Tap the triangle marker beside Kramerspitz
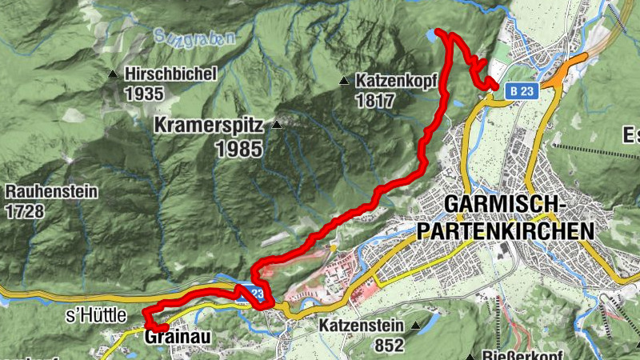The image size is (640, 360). click(x=277, y=126)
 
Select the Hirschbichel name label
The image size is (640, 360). click(x=170, y=74)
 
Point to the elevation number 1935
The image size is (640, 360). click(x=144, y=94)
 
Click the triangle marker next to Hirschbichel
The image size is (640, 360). click(x=113, y=75)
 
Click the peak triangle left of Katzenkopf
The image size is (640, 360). click(x=343, y=81)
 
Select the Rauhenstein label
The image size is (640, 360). click(x=51, y=192)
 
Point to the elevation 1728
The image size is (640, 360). click(x=24, y=211)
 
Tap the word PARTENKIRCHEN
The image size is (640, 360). click(x=506, y=230)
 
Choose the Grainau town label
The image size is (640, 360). click(x=178, y=338)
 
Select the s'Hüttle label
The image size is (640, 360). click(x=96, y=317)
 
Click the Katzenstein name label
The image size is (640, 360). click(x=364, y=326)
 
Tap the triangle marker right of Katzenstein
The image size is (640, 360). click(x=416, y=326)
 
